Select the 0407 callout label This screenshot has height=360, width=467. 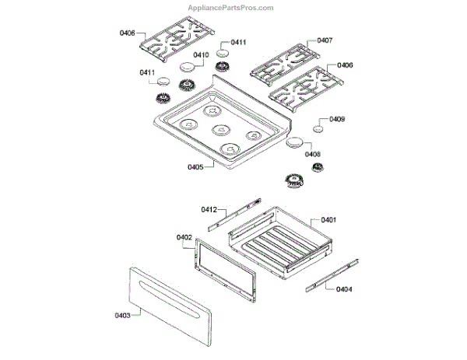coord(325,40)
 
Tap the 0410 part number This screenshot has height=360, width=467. coord(201,55)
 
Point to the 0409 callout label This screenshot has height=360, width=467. coord(337,120)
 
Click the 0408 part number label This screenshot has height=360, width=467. coord(313,154)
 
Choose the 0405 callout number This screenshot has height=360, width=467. coord(195,166)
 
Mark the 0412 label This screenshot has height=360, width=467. coord(209,209)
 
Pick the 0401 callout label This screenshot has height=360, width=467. coord(328,220)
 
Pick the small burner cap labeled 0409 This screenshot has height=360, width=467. coord(319,128)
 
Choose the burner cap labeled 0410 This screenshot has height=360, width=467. coord(188,68)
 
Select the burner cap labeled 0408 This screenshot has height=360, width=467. coord(295,142)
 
